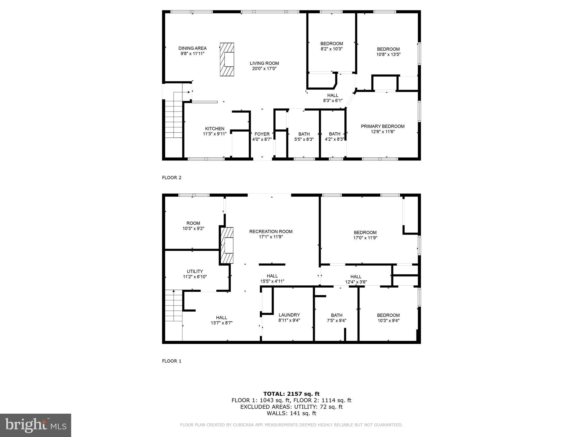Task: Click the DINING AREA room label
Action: (x=192, y=48)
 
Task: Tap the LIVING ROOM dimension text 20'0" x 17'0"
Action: (x=264, y=69)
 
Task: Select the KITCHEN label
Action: (x=215, y=129)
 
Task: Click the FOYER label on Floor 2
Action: (x=262, y=134)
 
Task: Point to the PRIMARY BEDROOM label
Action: (x=383, y=126)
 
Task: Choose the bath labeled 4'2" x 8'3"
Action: (x=334, y=137)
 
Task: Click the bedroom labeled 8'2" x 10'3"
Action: (x=332, y=46)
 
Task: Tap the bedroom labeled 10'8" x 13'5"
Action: (x=388, y=51)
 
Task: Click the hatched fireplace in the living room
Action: (x=227, y=59)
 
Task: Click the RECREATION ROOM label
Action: (x=271, y=232)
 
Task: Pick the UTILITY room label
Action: (x=195, y=271)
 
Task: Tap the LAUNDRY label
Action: (x=289, y=315)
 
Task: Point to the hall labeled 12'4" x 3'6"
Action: (x=356, y=279)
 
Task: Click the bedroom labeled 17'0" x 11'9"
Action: (x=365, y=235)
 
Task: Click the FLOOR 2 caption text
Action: (x=172, y=178)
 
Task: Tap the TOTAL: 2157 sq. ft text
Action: (x=291, y=394)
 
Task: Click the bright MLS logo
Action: (x=36, y=425)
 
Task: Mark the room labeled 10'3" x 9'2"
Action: (x=193, y=226)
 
